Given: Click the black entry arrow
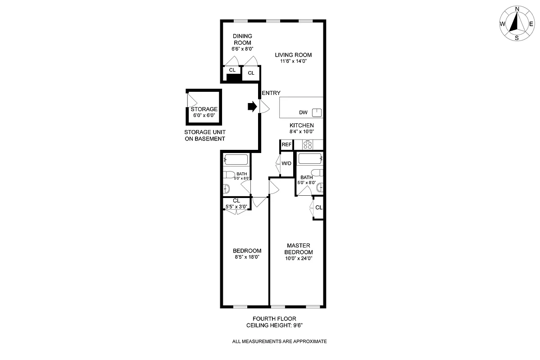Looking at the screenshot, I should (252, 107).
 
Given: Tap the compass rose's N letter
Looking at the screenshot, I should (517, 9).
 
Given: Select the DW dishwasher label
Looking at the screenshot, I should (303, 112).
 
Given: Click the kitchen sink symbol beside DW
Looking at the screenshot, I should (318, 112).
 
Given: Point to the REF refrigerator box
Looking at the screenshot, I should (286, 145).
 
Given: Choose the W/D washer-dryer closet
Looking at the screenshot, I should (286, 163).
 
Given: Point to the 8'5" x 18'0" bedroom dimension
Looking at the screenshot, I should (247, 257).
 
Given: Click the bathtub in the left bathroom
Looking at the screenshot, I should (236, 159).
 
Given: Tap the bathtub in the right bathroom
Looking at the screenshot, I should (310, 158).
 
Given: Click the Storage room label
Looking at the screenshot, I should (204, 109).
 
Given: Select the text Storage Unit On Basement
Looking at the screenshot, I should (205, 135).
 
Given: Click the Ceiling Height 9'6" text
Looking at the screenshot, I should (277, 325).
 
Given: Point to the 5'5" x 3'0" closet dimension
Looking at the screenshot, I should (236, 207).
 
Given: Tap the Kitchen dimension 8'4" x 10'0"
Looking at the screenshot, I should (301, 132).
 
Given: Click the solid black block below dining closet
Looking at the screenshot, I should (233, 78).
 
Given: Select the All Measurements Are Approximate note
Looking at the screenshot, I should (279, 342).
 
